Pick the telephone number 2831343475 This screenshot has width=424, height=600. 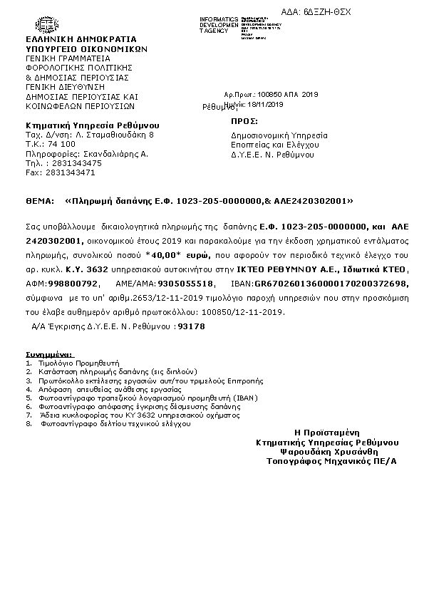[x=73, y=163]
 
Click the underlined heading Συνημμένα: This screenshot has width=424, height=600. [x=53, y=353]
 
